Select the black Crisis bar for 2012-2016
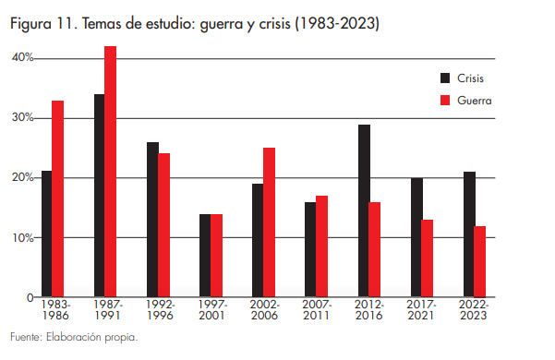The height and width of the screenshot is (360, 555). [x=365, y=210]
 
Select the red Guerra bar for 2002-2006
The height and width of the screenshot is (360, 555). [x=269, y=222]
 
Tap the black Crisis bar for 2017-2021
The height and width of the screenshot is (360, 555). [x=416, y=237]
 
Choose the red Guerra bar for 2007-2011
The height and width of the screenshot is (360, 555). [x=321, y=246]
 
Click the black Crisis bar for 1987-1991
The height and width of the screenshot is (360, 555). [x=99, y=196]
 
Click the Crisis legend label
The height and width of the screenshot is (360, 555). [x=471, y=78]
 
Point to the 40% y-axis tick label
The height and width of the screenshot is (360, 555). [x=22, y=58]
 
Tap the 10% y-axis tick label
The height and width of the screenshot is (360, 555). [x=22, y=237]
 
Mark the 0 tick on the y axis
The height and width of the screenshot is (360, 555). [x=29, y=297]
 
